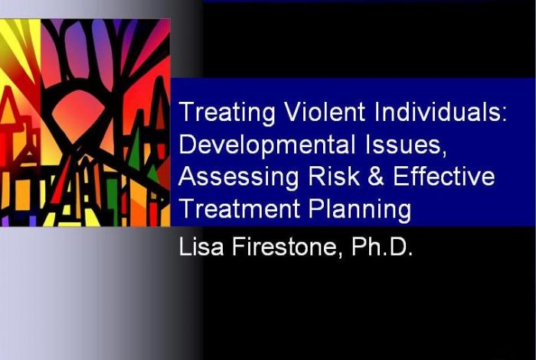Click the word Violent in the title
326,112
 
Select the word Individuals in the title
437,112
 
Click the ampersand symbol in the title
377,176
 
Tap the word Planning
360,209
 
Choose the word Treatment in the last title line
240,208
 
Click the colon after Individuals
503,115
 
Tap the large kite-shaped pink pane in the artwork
77,115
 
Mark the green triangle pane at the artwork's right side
134,149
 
